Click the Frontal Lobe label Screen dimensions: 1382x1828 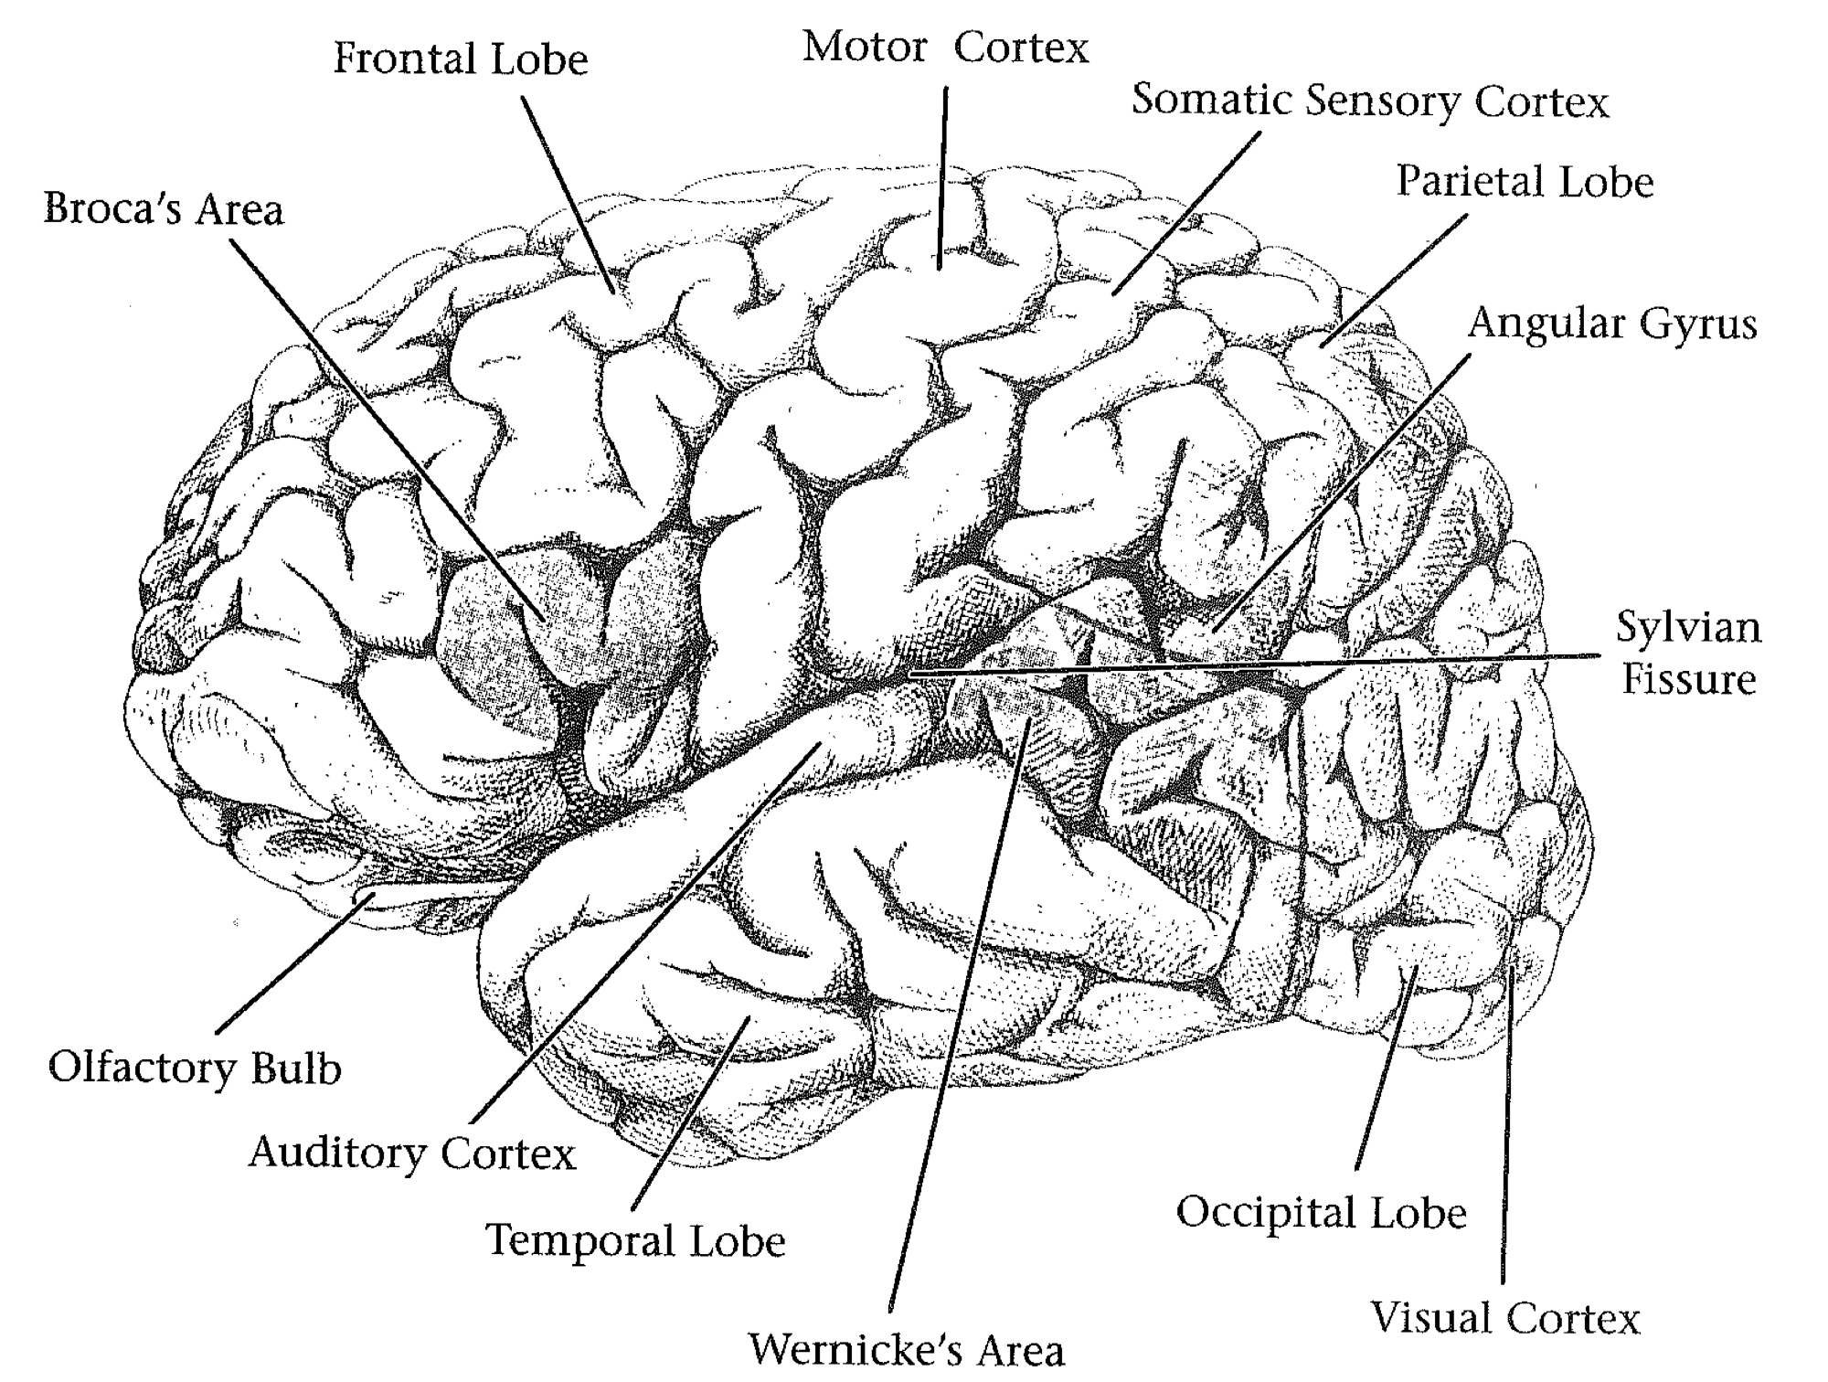coord(461,60)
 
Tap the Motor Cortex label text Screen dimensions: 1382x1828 coord(946,48)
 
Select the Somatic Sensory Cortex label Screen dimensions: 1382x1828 coord(1369,102)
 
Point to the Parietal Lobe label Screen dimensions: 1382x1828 coord(1525,182)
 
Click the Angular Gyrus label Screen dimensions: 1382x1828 coord(1612,324)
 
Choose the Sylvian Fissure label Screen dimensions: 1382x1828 coord(1688,653)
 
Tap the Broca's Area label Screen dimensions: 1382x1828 coord(164,209)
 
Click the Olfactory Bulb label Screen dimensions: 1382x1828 coord(195,1068)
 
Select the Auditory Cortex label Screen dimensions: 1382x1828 coord(412,1153)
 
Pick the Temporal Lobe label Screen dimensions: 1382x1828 coord(635,1240)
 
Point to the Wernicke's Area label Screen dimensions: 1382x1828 coord(907,1349)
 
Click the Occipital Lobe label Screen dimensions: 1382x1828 coord(1321,1213)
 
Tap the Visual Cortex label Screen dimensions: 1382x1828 coord(1505,1318)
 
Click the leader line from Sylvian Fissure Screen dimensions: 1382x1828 coord(1280,664)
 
